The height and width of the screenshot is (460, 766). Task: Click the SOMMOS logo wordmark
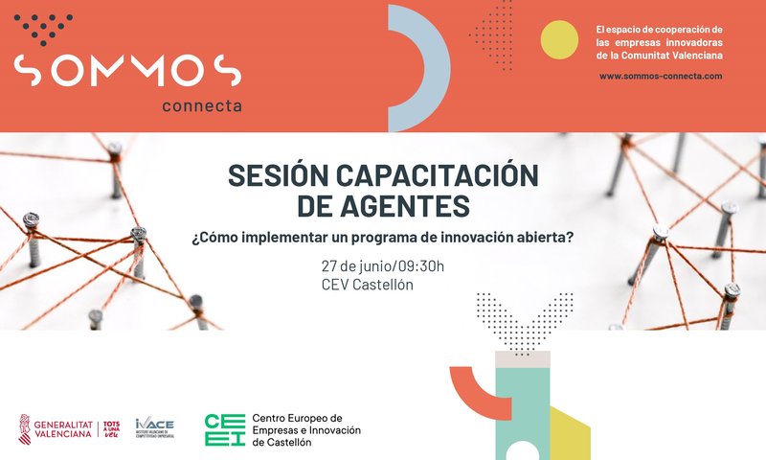point(126,69)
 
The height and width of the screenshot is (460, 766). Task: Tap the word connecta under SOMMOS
point(202,105)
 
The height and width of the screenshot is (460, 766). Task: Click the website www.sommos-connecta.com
point(661,75)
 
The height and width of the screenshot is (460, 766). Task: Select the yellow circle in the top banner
point(559,39)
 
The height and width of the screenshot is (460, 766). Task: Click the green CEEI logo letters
point(224,429)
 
